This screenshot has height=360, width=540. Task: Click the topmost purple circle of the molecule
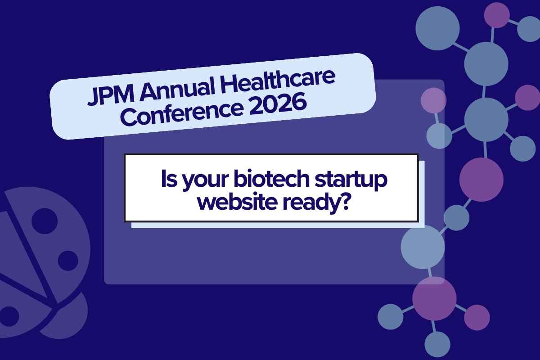click(x=497, y=15)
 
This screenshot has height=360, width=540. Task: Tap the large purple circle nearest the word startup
click(x=481, y=179)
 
